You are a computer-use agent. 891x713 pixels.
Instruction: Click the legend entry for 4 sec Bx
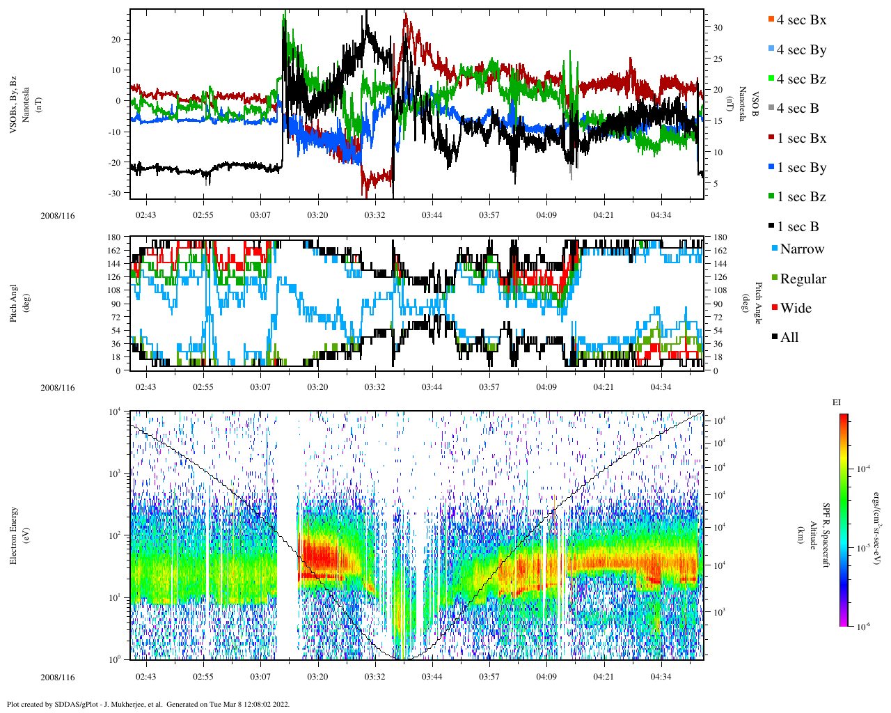[x=801, y=20]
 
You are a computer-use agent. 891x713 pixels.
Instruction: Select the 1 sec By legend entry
[x=801, y=168]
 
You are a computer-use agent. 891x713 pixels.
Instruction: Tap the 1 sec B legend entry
[x=797, y=227]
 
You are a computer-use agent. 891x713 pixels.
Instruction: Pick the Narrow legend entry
[x=801, y=249]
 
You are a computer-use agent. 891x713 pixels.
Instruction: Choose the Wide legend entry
[x=795, y=308]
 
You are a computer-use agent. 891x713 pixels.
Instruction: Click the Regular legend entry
[x=803, y=279]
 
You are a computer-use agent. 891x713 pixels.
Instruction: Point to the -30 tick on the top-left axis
[x=115, y=193]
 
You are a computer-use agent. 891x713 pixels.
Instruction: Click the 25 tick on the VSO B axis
[x=718, y=58]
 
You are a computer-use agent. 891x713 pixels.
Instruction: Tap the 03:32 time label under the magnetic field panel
[x=374, y=214]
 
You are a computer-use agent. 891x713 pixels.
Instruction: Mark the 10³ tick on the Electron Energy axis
[x=116, y=473]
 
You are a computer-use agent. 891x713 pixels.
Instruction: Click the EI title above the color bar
[x=837, y=402]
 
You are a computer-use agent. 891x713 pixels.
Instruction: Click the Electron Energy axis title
[x=14, y=535]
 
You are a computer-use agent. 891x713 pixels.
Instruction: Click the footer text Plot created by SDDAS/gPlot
[x=148, y=704]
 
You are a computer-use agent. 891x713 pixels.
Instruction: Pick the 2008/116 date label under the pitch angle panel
[x=57, y=388]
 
